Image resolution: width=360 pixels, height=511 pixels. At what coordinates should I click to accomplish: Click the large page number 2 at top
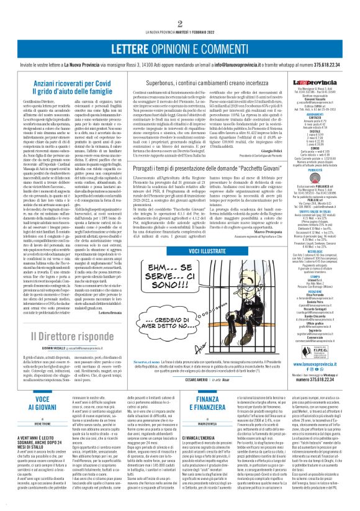(179, 7)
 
